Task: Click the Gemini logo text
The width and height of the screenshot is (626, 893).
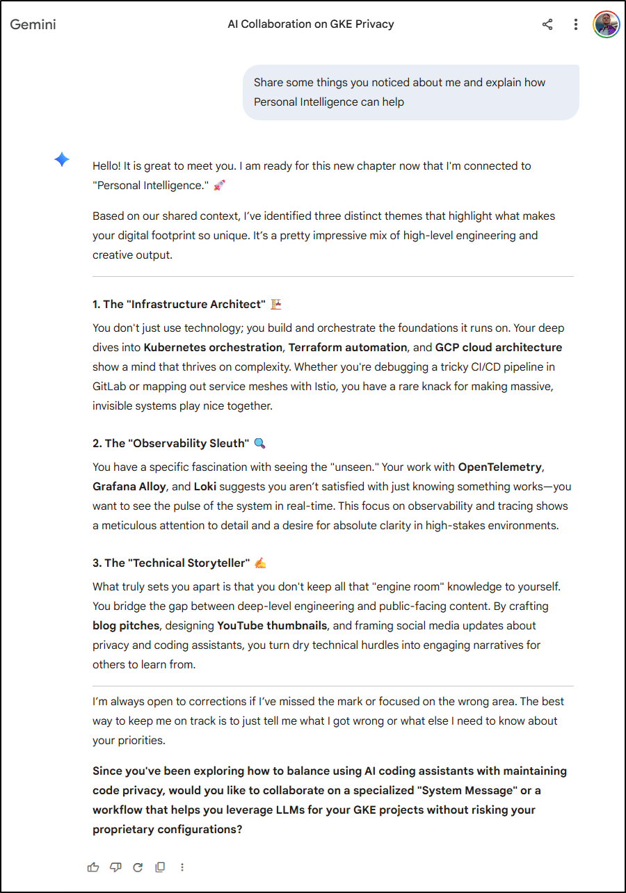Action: (33, 24)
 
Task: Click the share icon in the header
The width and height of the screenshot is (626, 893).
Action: (547, 24)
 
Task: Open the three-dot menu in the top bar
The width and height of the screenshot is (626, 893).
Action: (575, 24)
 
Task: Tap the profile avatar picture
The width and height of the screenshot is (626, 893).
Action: (606, 24)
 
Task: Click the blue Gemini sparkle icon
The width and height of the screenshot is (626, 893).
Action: (62, 160)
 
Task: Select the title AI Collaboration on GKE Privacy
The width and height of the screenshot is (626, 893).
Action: (311, 24)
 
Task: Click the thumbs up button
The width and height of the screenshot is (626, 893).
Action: (93, 867)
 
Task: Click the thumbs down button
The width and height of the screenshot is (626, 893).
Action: (115, 867)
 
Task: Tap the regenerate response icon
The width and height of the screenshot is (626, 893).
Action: (138, 867)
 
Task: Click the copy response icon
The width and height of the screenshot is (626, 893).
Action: (160, 867)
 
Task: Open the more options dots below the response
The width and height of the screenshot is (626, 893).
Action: (182, 867)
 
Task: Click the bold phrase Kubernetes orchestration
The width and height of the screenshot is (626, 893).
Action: (213, 347)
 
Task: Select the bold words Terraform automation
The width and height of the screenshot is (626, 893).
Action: (348, 347)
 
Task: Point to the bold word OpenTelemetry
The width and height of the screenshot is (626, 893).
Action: (499, 467)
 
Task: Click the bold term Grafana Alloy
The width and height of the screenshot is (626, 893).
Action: (129, 486)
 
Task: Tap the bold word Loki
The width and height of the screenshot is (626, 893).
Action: (206, 486)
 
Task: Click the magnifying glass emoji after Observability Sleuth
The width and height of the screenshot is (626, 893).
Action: (259, 443)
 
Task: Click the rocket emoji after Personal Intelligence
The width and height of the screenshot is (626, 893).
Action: (219, 186)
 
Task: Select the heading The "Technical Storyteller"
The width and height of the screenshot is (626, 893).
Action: (171, 563)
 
